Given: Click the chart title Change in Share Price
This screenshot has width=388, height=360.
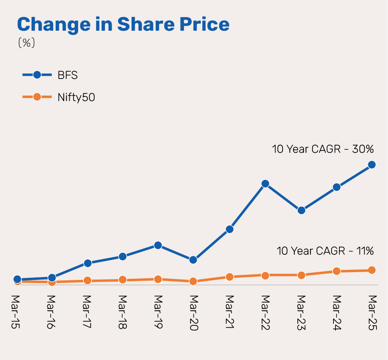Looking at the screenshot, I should (x=123, y=24).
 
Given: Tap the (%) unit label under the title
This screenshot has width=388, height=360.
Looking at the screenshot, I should (x=26, y=43).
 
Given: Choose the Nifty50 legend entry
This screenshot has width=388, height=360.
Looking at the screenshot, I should (x=76, y=97).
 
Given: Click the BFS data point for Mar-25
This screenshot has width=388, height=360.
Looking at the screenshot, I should (x=372, y=165).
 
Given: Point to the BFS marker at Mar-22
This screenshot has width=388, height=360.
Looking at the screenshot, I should (x=265, y=183).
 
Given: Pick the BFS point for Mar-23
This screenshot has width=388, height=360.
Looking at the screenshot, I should (x=301, y=210).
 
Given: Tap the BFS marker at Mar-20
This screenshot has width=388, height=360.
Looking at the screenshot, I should (x=193, y=260).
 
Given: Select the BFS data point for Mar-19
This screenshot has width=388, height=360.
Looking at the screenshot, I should (x=158, y=245).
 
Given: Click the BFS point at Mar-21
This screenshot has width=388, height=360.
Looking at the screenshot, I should (x=230, y=229).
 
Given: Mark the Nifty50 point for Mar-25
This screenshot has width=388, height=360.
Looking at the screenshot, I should (x=372, y=270).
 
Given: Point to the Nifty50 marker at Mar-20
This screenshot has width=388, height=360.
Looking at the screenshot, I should (x=193, y=281).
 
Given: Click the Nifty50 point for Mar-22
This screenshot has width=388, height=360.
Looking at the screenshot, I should (x=265, y=276).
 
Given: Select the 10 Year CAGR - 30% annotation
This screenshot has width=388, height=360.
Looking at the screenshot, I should (x=323, y=149).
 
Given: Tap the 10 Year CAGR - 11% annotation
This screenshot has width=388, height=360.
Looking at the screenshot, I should (x=325, y=251).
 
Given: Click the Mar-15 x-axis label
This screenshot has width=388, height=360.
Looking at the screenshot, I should (x=16, y=311).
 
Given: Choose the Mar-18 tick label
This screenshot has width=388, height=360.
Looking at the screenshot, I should (x=123, y=311).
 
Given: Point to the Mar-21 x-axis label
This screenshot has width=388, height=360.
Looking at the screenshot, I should (x=230, y=311).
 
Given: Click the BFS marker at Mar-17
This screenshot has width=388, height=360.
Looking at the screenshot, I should (x=87, y=263).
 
